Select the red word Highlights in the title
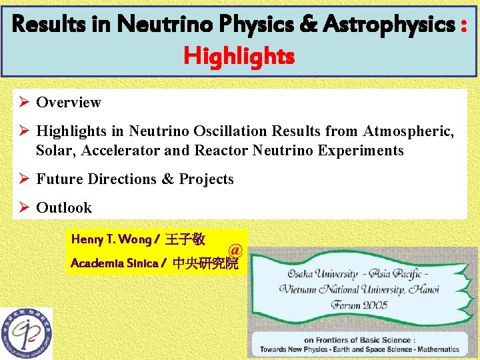(239, 57)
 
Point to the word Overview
(69, 102)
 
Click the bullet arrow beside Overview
(23, 102)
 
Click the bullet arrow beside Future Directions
(23, 179)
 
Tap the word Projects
(206, 179)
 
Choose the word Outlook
(64, 207)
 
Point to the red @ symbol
(234, 250)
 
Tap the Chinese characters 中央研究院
(205, 263)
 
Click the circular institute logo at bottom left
(25, 333)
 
